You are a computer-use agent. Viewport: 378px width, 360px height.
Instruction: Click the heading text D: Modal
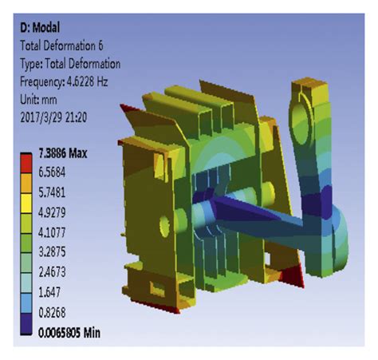[x=40, y=28]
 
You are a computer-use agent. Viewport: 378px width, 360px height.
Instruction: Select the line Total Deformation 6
[x=61, y=45]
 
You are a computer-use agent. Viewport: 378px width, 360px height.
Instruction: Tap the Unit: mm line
[x=38, y=100]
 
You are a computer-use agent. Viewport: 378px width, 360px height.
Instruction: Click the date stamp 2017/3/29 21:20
[x=53, y=117]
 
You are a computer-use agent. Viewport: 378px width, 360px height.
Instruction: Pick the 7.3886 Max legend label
[x=63, y=153]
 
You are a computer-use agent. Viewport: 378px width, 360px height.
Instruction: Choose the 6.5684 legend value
[x=52, y=172]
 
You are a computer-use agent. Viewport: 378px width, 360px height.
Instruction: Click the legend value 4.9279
[x=52, y=212]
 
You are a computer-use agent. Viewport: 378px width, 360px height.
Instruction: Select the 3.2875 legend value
[x=52, y=252]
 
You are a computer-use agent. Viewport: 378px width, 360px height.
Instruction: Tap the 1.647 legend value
[x=49, y=292]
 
